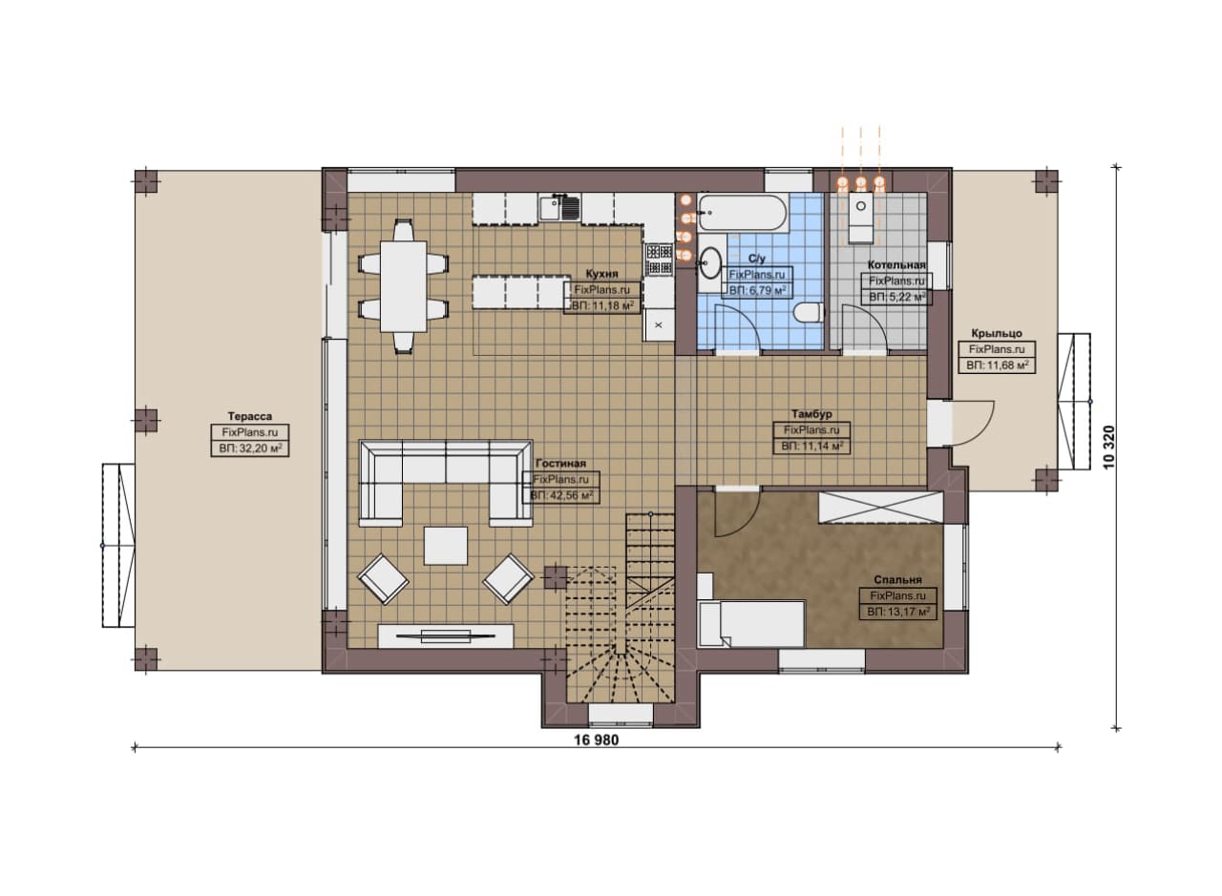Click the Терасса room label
pyautogui.click(x=249, y=416)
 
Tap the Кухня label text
pyautogui.click(x=601, y=274)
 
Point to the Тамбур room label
pyautogui.click(x=811, y=414)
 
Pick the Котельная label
pyautogui.click(x=896, y=265)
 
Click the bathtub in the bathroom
pyautogui.click(x=743, y=213)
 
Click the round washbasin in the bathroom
pyautogui.click(x=710, y=261)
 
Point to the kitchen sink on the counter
pyautogui.click(x=559, y=208)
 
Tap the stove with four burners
pyautogui.click(x=659, y=259)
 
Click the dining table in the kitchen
pyautogui.click(x=403, y=286)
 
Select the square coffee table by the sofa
pyautogui.click(x=446, y=546)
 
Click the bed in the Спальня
pyautogui.click(x=751, y=623)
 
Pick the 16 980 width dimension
pyautogui.click(x=597, y=740)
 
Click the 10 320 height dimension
pyautogui.click(x=1108, y=448)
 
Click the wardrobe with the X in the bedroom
pyautogui.click(x=880, y=508)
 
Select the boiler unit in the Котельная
pyautogui.click(x=861, y=218)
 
